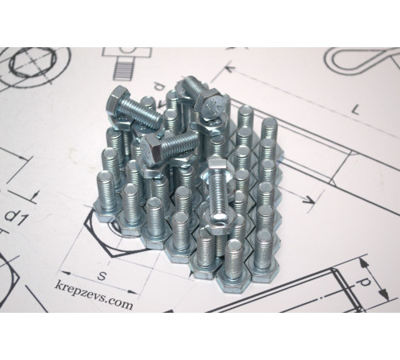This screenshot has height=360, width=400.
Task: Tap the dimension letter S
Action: coord(102,276)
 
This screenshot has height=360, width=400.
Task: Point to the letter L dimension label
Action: coord(356,109)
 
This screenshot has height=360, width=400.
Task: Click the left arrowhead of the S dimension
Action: coord(66,274)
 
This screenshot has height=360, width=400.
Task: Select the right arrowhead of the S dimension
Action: coord(133,292)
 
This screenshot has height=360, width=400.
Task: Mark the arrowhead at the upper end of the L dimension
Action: coord(230,68)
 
